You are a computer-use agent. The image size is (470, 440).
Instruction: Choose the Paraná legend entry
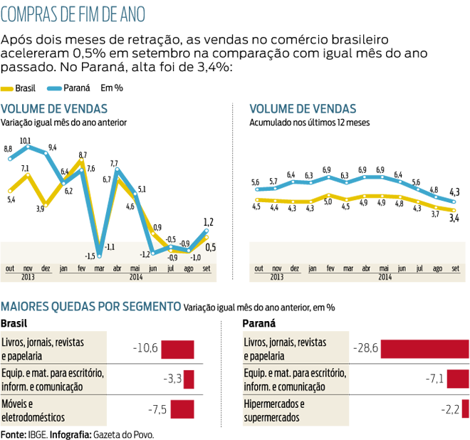coord(68,88)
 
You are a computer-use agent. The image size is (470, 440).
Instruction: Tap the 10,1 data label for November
coord(25,140)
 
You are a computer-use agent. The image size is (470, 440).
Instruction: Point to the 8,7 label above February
coord(83,154)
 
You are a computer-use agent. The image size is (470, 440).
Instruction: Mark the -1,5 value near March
coord(90,256)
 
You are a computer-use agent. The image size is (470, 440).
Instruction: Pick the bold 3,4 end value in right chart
coord(453,218)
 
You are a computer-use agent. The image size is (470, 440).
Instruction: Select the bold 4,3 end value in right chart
coord(453,191)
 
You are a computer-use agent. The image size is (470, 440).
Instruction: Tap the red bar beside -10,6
coord(177,349)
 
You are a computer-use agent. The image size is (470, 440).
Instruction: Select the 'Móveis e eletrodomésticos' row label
coord(33,410)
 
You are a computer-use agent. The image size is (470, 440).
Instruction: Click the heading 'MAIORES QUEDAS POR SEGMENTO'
coord(90,306)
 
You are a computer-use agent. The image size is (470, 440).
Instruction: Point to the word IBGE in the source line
coord(34,433)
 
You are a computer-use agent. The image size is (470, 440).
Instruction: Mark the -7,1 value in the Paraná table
coord(434,379)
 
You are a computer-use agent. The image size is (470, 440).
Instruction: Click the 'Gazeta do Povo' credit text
coord(122,433)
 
